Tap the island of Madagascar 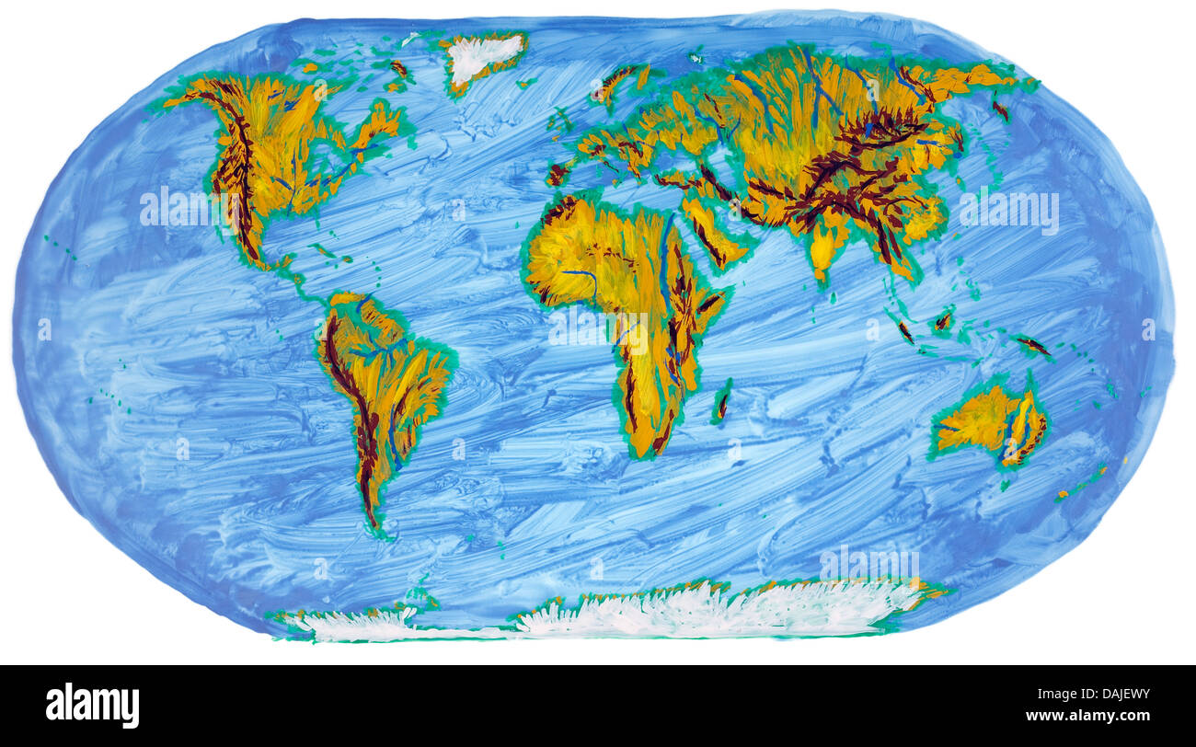point(722,402)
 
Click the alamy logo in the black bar point(92,706)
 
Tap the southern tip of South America point(374,524)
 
